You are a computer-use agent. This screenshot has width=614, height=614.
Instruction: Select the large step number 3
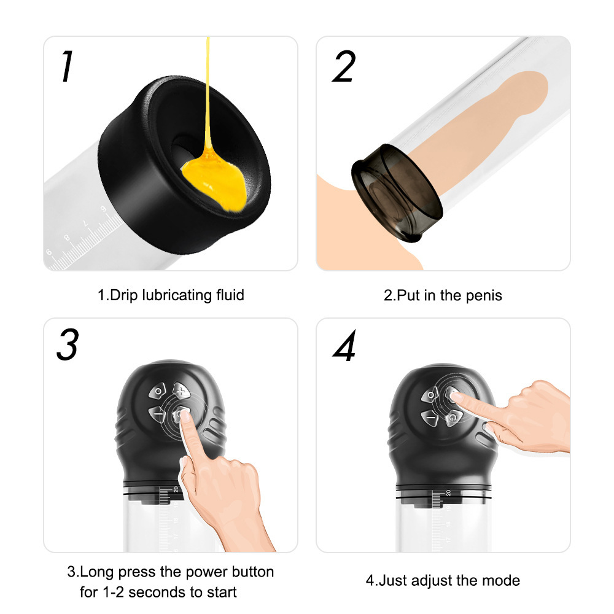[67, 345]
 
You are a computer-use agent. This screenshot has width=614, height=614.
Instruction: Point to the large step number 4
[344, 348]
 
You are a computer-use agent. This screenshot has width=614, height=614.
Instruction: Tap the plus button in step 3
[181, 390]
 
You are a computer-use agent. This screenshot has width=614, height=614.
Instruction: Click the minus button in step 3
[158, 416]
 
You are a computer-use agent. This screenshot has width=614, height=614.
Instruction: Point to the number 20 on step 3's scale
[175, 489]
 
